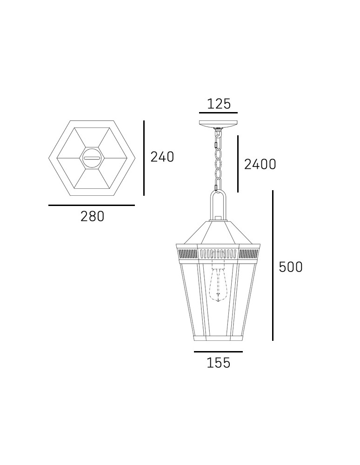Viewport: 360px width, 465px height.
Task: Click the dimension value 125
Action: coord(219,104)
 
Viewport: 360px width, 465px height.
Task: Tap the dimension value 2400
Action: coord(260,164)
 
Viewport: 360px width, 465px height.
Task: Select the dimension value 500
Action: coord(290,267)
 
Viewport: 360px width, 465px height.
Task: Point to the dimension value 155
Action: coord(218,363)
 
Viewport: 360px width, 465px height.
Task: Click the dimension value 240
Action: coord(162,157)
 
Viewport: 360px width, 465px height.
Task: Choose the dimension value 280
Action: coord(92,216)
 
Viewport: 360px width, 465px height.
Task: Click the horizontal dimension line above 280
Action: coord(92,205)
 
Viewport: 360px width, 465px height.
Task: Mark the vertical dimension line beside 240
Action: coord(144,158)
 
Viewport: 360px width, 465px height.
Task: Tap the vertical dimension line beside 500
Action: coord(273,265)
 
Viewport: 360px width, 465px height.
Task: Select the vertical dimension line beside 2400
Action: coord(238,164)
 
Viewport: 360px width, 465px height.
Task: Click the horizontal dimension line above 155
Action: coord(218,352)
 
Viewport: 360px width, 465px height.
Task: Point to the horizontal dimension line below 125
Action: coord(218,113)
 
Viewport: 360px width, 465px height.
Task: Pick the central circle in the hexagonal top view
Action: coord(92,158)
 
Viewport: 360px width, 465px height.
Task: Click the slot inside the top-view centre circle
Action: coord(92,158)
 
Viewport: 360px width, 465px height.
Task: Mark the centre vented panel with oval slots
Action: coord(218,254)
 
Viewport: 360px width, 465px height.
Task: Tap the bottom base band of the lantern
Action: coord(218,338)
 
